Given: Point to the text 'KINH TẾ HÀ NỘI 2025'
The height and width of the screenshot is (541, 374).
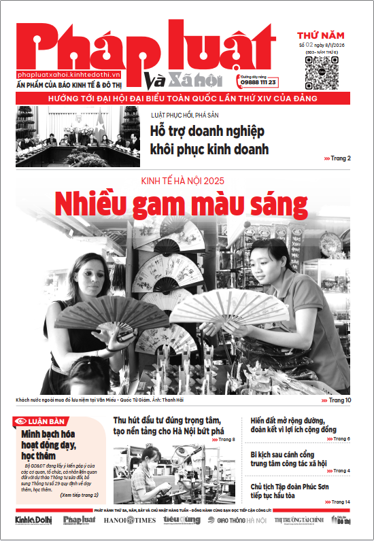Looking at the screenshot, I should (182, 181).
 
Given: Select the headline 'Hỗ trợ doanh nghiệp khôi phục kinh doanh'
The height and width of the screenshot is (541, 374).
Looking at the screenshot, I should (209, 140).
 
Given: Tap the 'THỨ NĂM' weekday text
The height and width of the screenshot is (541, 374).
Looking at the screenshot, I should (320, 35).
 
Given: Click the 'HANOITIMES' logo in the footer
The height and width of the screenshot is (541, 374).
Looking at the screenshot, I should (130, 521).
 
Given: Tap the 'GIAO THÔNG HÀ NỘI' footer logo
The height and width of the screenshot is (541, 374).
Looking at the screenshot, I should (237, 521).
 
